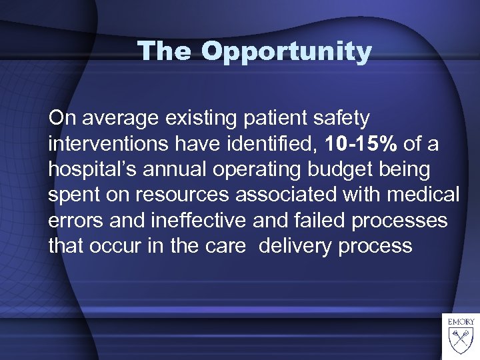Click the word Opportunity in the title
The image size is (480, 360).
point(287,52)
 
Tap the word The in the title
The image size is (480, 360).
point(166,51)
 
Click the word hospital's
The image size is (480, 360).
point(90,169)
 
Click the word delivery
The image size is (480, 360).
point(295,245)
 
